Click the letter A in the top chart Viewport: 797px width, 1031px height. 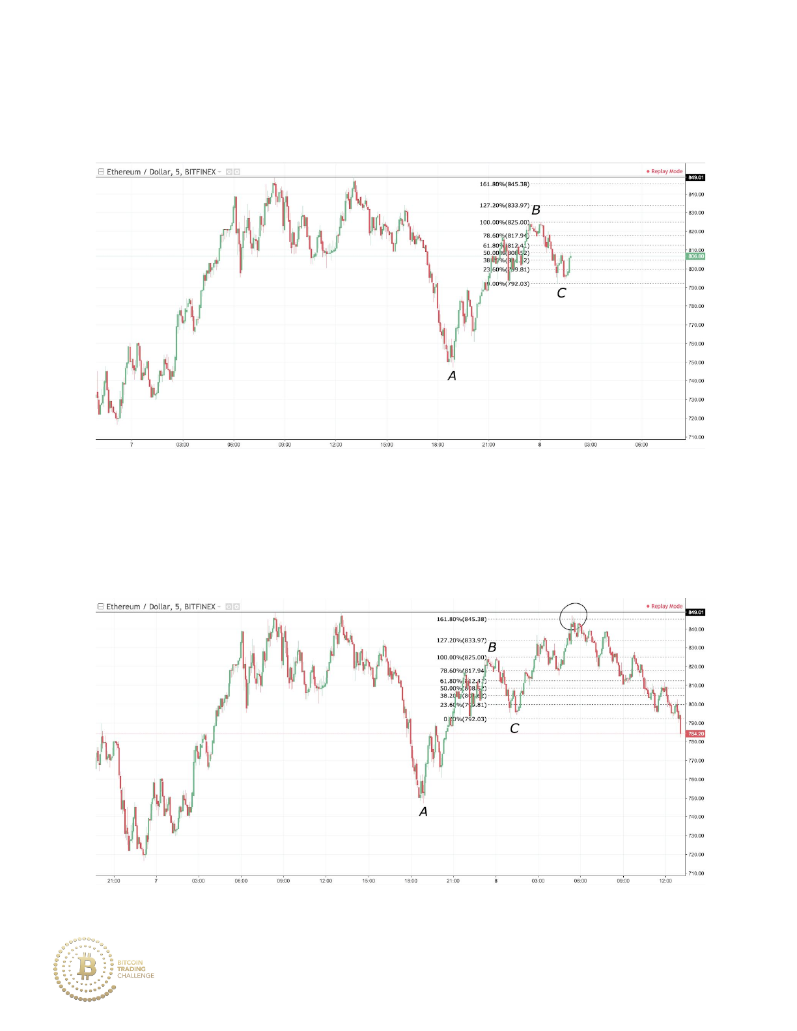coord(452,376)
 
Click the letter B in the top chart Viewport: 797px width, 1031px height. coord(536,210)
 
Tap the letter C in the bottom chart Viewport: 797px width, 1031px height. coord(514,728)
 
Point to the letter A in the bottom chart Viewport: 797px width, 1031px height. coord(423,812)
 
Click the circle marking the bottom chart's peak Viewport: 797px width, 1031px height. coord(573,616)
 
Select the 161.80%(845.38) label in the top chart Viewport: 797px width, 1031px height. coord(504,184)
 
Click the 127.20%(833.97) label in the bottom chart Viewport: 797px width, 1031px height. coord(461,640)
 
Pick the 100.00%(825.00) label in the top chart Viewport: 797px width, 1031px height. coord(504,223)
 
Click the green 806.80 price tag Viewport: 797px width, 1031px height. coord(696,256)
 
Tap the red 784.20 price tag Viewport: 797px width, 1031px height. coord(695,734)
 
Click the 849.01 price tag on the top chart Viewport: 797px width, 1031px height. coord(695,178)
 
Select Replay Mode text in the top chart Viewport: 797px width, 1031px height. coord(666,172)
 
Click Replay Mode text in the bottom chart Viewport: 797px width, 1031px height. coord(666,607)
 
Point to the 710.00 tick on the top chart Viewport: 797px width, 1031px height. coord(696,437)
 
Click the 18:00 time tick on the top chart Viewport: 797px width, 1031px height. coord(438,445)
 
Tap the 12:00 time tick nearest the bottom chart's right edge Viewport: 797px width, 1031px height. coord(665,881)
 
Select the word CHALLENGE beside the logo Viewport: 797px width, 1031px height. coord(135,976)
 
